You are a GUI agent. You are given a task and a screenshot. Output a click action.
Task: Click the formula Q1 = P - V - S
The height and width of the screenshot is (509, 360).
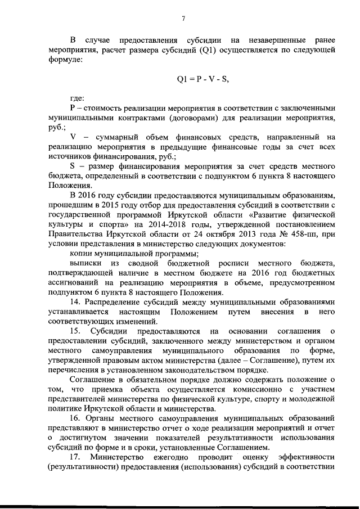(203, 79)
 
